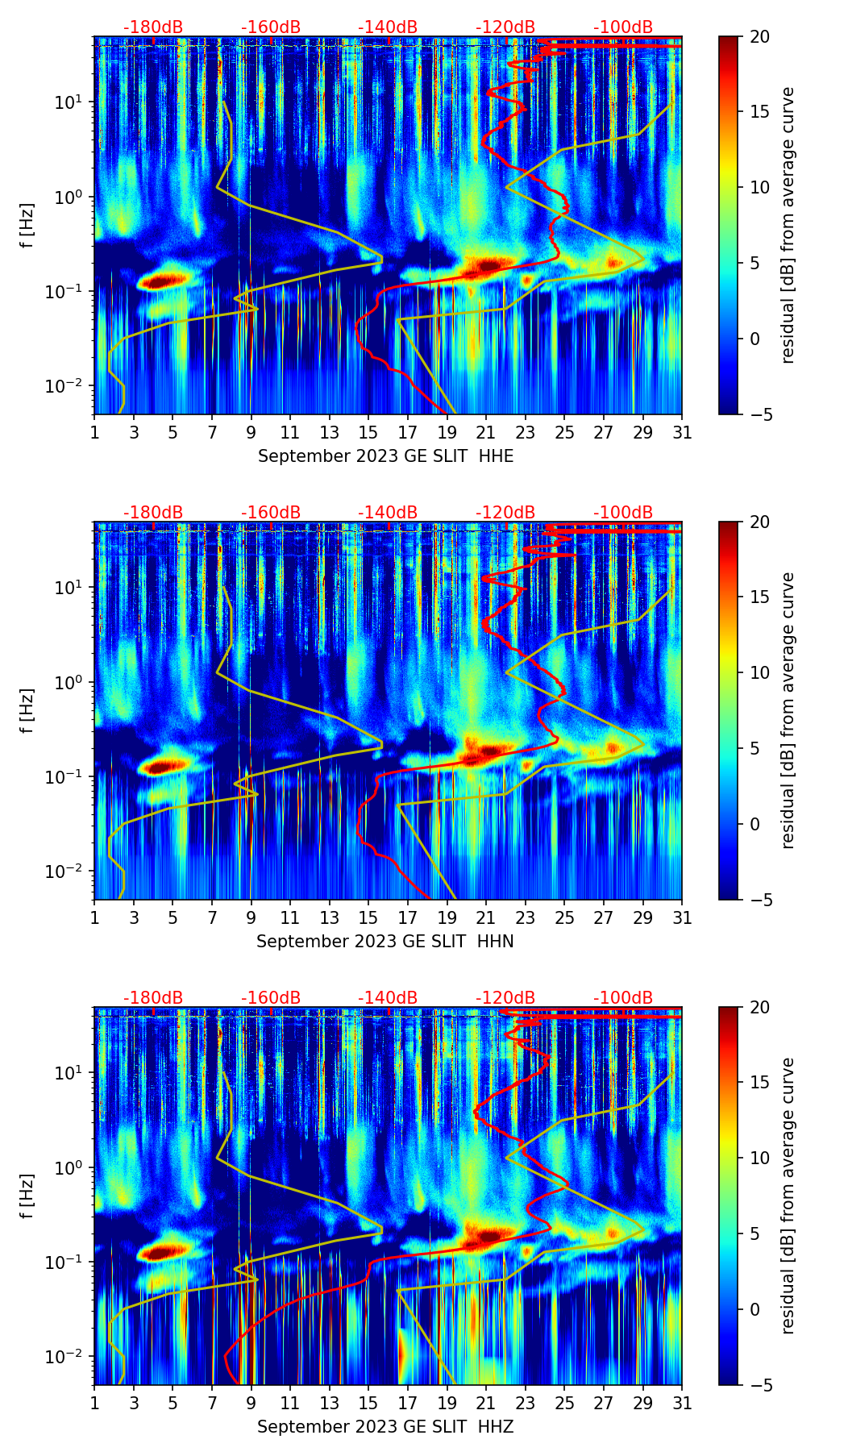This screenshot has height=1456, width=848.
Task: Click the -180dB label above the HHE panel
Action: (x=153, y=27)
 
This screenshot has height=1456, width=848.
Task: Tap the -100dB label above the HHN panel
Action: (x=623, y=513)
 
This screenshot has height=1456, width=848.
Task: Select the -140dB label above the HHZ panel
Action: (x=388, y=998)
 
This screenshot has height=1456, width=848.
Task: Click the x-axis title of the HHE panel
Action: (x=385, y=456)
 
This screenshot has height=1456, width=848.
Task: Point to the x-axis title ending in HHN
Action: (x=385, y=942)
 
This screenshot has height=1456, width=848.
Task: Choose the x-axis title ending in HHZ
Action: (x=385, y=1427)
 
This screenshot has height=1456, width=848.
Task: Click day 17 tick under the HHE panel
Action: (x=408, y=433)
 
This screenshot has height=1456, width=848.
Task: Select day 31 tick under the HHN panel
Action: (x=682, y=918)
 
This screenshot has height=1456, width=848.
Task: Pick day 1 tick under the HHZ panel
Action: (x=94, y=1404)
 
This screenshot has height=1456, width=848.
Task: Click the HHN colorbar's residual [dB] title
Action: (x=788, y=710)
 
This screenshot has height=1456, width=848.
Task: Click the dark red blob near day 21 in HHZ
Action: (x=488, y=1235)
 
